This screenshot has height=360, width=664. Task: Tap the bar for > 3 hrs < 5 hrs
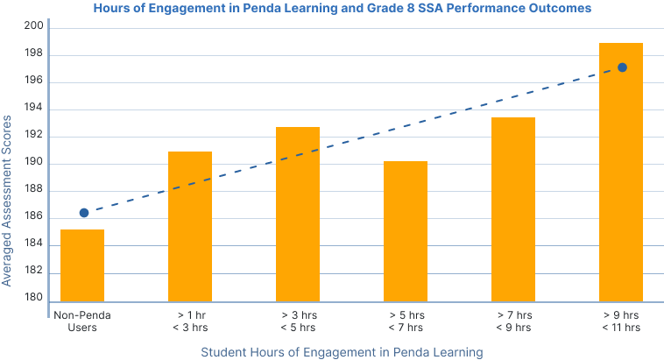(x=298, y=214)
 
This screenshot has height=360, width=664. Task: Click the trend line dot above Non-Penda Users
(x=84, y=213)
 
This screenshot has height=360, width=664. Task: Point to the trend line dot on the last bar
(x=622, y=67)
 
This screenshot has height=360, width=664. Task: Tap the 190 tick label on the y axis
(x=36, y=164)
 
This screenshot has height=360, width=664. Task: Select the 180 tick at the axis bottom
(x=36, y=299)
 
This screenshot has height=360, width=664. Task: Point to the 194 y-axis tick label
(x=36, y=109)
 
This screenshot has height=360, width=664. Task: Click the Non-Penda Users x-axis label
(x=82, y=320)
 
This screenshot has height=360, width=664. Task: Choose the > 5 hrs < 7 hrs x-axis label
(x=406, y=320)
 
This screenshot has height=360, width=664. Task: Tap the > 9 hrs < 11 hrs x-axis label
(x=620, y=320)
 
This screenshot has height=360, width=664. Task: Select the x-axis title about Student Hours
(x=342, y=352)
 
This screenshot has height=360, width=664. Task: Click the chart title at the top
(x=343, y=7)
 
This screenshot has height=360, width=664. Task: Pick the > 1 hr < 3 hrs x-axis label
(x=190, y=320)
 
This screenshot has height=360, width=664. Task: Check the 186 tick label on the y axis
(x=36, y=218)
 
